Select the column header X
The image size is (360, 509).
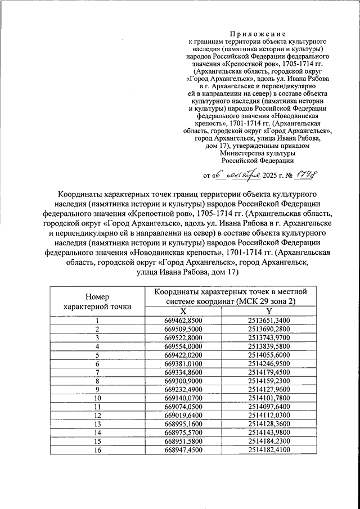pyautogui.click(x=183, y=312)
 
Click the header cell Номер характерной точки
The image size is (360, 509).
pyautogui.click(x=97, y=301)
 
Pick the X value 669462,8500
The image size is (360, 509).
pyautogui.click(x=183, y=321)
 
